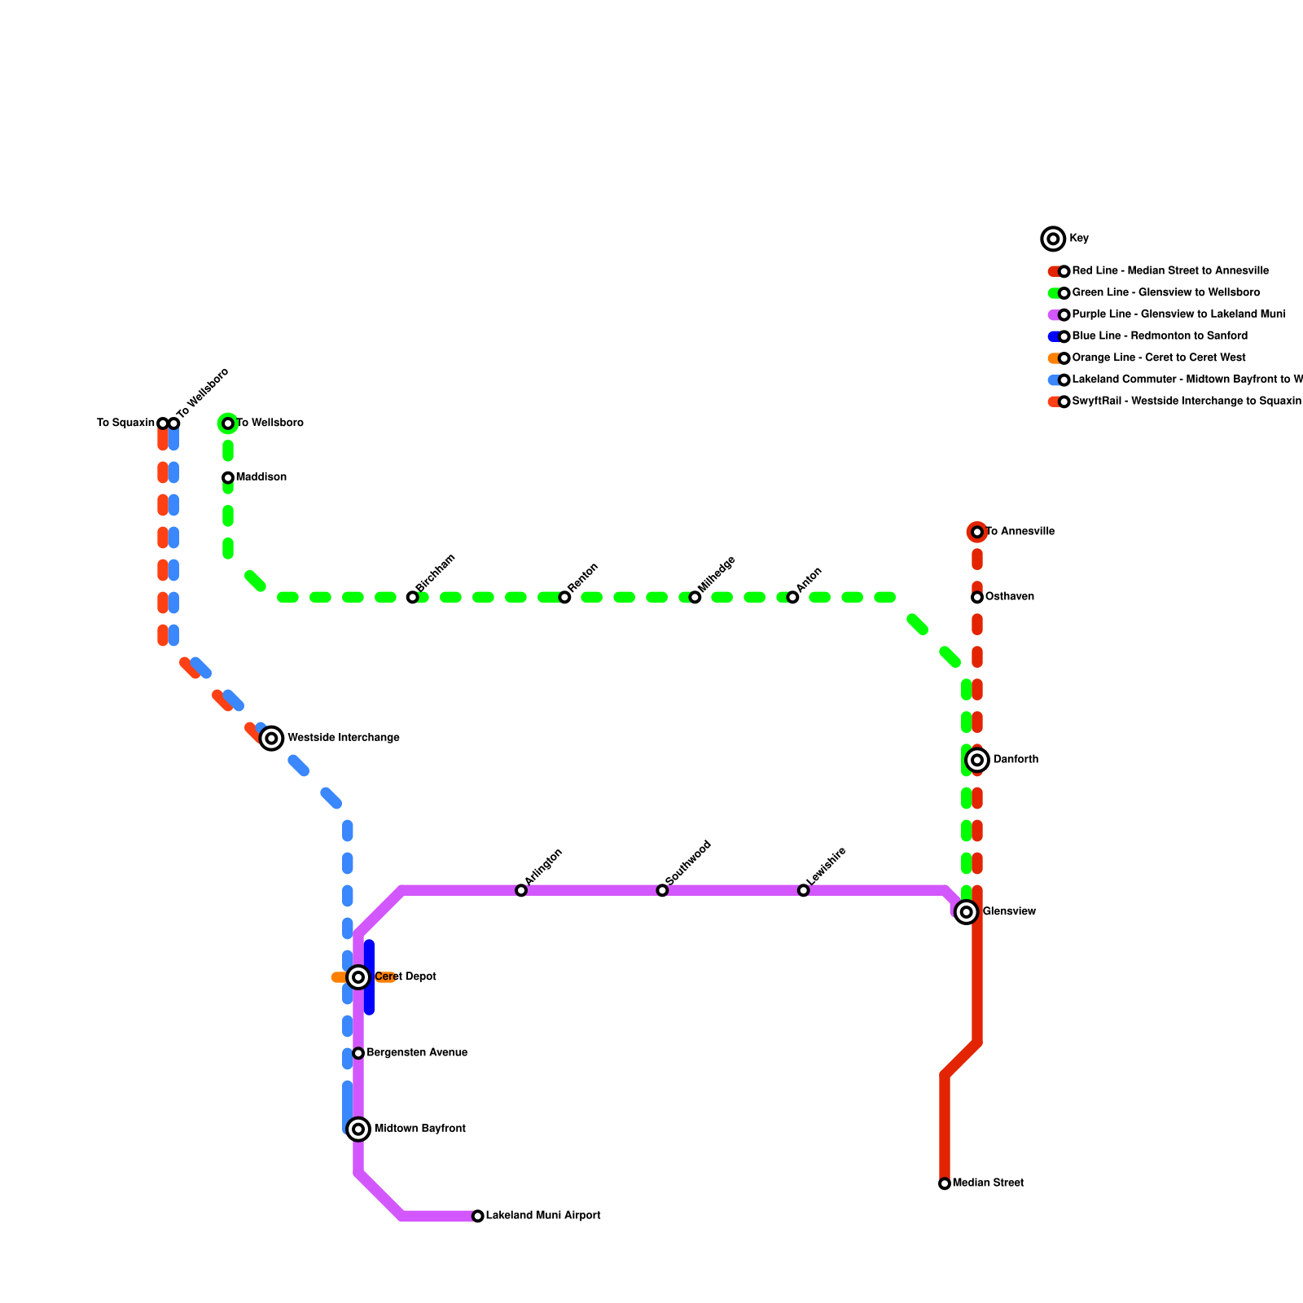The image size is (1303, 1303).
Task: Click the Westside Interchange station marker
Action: click(x=272, y=738)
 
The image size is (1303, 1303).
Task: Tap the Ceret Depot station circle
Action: click(x=358, y=976)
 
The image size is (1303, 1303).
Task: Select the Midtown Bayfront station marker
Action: click(x=358, y=1129)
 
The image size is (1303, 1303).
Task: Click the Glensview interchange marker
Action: click(x=967, y=912)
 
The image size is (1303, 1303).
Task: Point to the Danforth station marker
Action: click(x=978, y=760)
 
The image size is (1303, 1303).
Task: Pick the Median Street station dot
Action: click(x=945, y=1183)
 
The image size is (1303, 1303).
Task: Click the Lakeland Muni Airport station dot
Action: click(x=478, y=1216)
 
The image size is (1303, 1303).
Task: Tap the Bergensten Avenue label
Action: click(x=417, y=1053)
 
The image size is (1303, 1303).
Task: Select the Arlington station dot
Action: click(x=521, y=890)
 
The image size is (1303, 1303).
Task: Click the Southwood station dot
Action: click(x=662, y=890)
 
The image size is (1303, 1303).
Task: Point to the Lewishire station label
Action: click(x=827, y=866)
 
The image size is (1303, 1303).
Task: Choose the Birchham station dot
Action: click(x=413, y=597)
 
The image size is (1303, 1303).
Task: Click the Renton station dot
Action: click(x=564, y=597)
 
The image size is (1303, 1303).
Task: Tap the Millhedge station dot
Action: click(x=695, y=597)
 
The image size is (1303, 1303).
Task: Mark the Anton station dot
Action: click(x=792, y=597)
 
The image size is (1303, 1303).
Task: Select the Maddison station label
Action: click(x=261, y=477)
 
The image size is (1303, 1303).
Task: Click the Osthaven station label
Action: click(x=1010, y=597)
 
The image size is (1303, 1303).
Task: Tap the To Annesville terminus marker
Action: click(x=977, y=532)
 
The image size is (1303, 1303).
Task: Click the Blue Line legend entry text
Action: click(x=1160, y=336)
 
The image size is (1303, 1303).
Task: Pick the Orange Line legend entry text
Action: click(x=1159, y=358)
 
